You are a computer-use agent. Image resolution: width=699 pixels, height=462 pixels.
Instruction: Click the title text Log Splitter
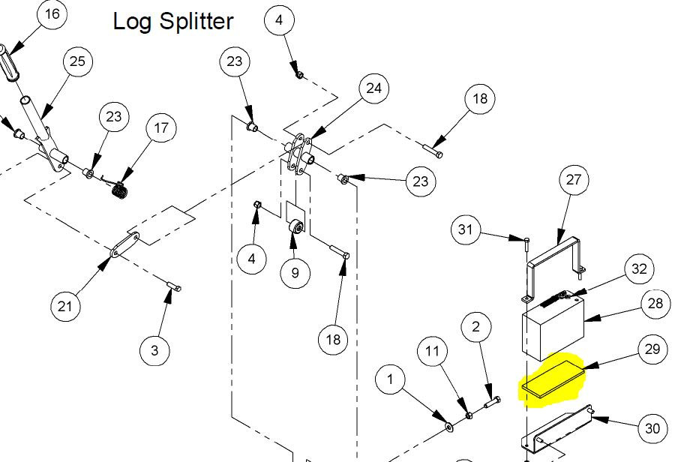click(x=173, y=21)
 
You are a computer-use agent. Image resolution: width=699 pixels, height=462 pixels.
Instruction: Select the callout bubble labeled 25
click(x=78, y=62)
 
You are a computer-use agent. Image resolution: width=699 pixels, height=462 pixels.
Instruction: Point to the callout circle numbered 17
click(x=161, y=129)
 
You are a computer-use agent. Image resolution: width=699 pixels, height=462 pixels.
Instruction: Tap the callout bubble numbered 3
click(x=155, y=350)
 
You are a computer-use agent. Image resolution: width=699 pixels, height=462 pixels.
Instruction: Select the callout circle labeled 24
click(x=373, y=89)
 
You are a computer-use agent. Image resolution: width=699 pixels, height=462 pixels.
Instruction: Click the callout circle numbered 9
click(x=295, y=273)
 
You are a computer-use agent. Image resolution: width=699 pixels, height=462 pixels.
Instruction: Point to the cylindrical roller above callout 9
click(x=295, y=227)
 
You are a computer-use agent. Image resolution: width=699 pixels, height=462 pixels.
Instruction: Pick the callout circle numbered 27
click(x=574, y=181)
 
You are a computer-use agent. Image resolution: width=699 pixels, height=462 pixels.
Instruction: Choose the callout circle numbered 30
click(x=652, y=429)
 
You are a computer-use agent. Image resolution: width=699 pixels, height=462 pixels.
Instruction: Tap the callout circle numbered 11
click(x=432, y=352)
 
